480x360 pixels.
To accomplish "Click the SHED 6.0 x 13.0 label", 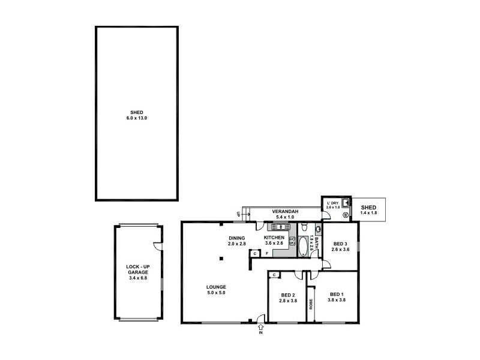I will pyautogui.click(x=137, y=115).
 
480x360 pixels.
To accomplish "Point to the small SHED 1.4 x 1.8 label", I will pyautogui.click(x=368, y=209).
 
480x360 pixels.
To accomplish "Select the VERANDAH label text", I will pyautogui.click(x=281, y=214).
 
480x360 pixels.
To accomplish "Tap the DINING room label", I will pyautogui.click(x=237, y=241).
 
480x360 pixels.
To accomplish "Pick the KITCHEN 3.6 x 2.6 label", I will pyautogui.click(x=274, y=240).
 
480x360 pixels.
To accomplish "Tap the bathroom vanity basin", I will pyautogui.click(x=317, y=228).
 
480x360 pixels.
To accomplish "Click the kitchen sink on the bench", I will pyautogui.click(x=278, y=227).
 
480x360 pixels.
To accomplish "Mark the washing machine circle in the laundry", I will pyautogui.click(x=346, y=214).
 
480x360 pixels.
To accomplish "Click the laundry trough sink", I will pyautogui.click(x=345, y=203).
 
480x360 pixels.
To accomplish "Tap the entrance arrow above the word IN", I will pyautogui.click(x=261, y=328).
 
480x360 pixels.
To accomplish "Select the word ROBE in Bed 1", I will pyautogui.click(x=311, y=304).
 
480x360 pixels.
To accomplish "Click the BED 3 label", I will pyautogui.click(x=340, y=246).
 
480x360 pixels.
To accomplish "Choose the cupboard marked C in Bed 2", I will pyautogui.click(x=274, y=275).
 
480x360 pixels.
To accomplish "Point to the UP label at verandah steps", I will pyautogui.click(x=239, y=214).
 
